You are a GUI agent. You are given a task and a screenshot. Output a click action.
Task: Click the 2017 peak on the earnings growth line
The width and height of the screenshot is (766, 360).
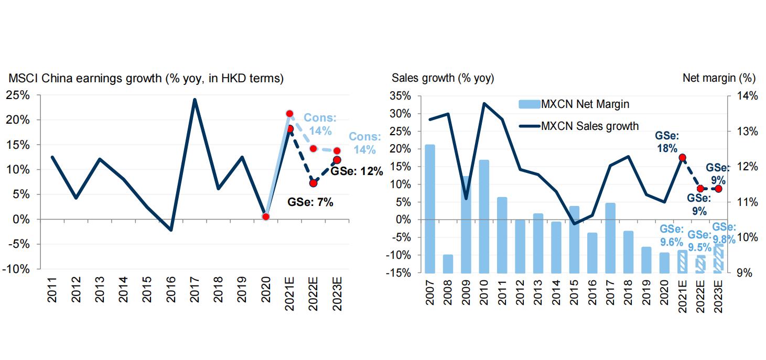pyautogui.click(x=195, y=100)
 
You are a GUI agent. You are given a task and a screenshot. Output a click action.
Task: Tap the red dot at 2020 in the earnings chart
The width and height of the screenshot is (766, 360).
pyautogui.click(x=266, y=216)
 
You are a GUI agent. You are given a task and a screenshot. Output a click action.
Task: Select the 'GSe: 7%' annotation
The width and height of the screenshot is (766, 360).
pyautogui.click(x=310, y=202)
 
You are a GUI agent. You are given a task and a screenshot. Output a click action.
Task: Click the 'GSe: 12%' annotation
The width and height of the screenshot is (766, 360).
pyautogui.click(x=357, y=171)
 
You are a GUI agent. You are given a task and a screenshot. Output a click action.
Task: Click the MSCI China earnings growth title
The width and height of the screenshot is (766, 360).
pyautogui.click(x=146, y=79)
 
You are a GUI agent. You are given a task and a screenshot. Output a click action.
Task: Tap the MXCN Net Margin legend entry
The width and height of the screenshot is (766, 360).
pyautogui.click(x=574, y=104)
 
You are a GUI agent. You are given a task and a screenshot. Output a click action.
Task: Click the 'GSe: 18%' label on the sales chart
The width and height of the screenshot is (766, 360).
pyautogui.click(x=667, y=141)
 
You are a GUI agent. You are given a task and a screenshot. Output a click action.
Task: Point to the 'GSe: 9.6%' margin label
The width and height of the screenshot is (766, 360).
pyautogui.click(x=671, y=235)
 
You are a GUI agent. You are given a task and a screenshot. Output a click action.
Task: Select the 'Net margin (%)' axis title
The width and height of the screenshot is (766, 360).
pyautogui.click(x=718, y=79)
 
